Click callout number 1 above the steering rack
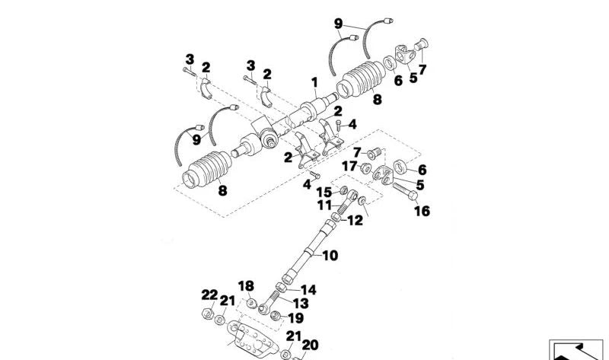point(313,81)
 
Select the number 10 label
point(329,256)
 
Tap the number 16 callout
point(422,211)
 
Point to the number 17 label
point(349,166)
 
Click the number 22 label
point(209,295)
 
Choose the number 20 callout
point(310,344)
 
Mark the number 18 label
point(245,285)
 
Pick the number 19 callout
point(295,318)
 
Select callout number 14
point(308,290)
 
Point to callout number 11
point(324,205)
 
